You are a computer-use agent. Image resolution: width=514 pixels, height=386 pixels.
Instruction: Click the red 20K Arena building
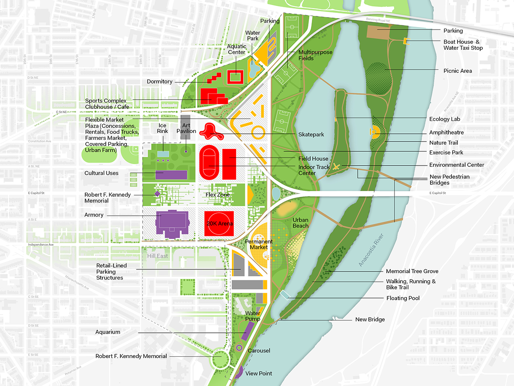pos(218,223)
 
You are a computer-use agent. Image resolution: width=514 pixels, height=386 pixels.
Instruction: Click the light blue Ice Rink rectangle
pos(163,154)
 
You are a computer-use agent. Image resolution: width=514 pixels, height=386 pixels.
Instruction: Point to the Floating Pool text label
pos(403,298)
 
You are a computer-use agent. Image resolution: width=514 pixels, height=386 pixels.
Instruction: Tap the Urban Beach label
pos(300,223)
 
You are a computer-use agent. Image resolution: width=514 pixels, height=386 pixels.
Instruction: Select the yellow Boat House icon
pos(405,41)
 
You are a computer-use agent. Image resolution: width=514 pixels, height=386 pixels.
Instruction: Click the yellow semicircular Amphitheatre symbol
pos(374,132)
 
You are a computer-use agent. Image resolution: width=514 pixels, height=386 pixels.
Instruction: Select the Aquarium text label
pos(108,332)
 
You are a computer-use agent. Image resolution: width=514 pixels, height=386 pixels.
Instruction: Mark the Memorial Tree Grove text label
pos(412,271)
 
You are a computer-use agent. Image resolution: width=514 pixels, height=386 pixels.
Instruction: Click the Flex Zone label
pos(218,195)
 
